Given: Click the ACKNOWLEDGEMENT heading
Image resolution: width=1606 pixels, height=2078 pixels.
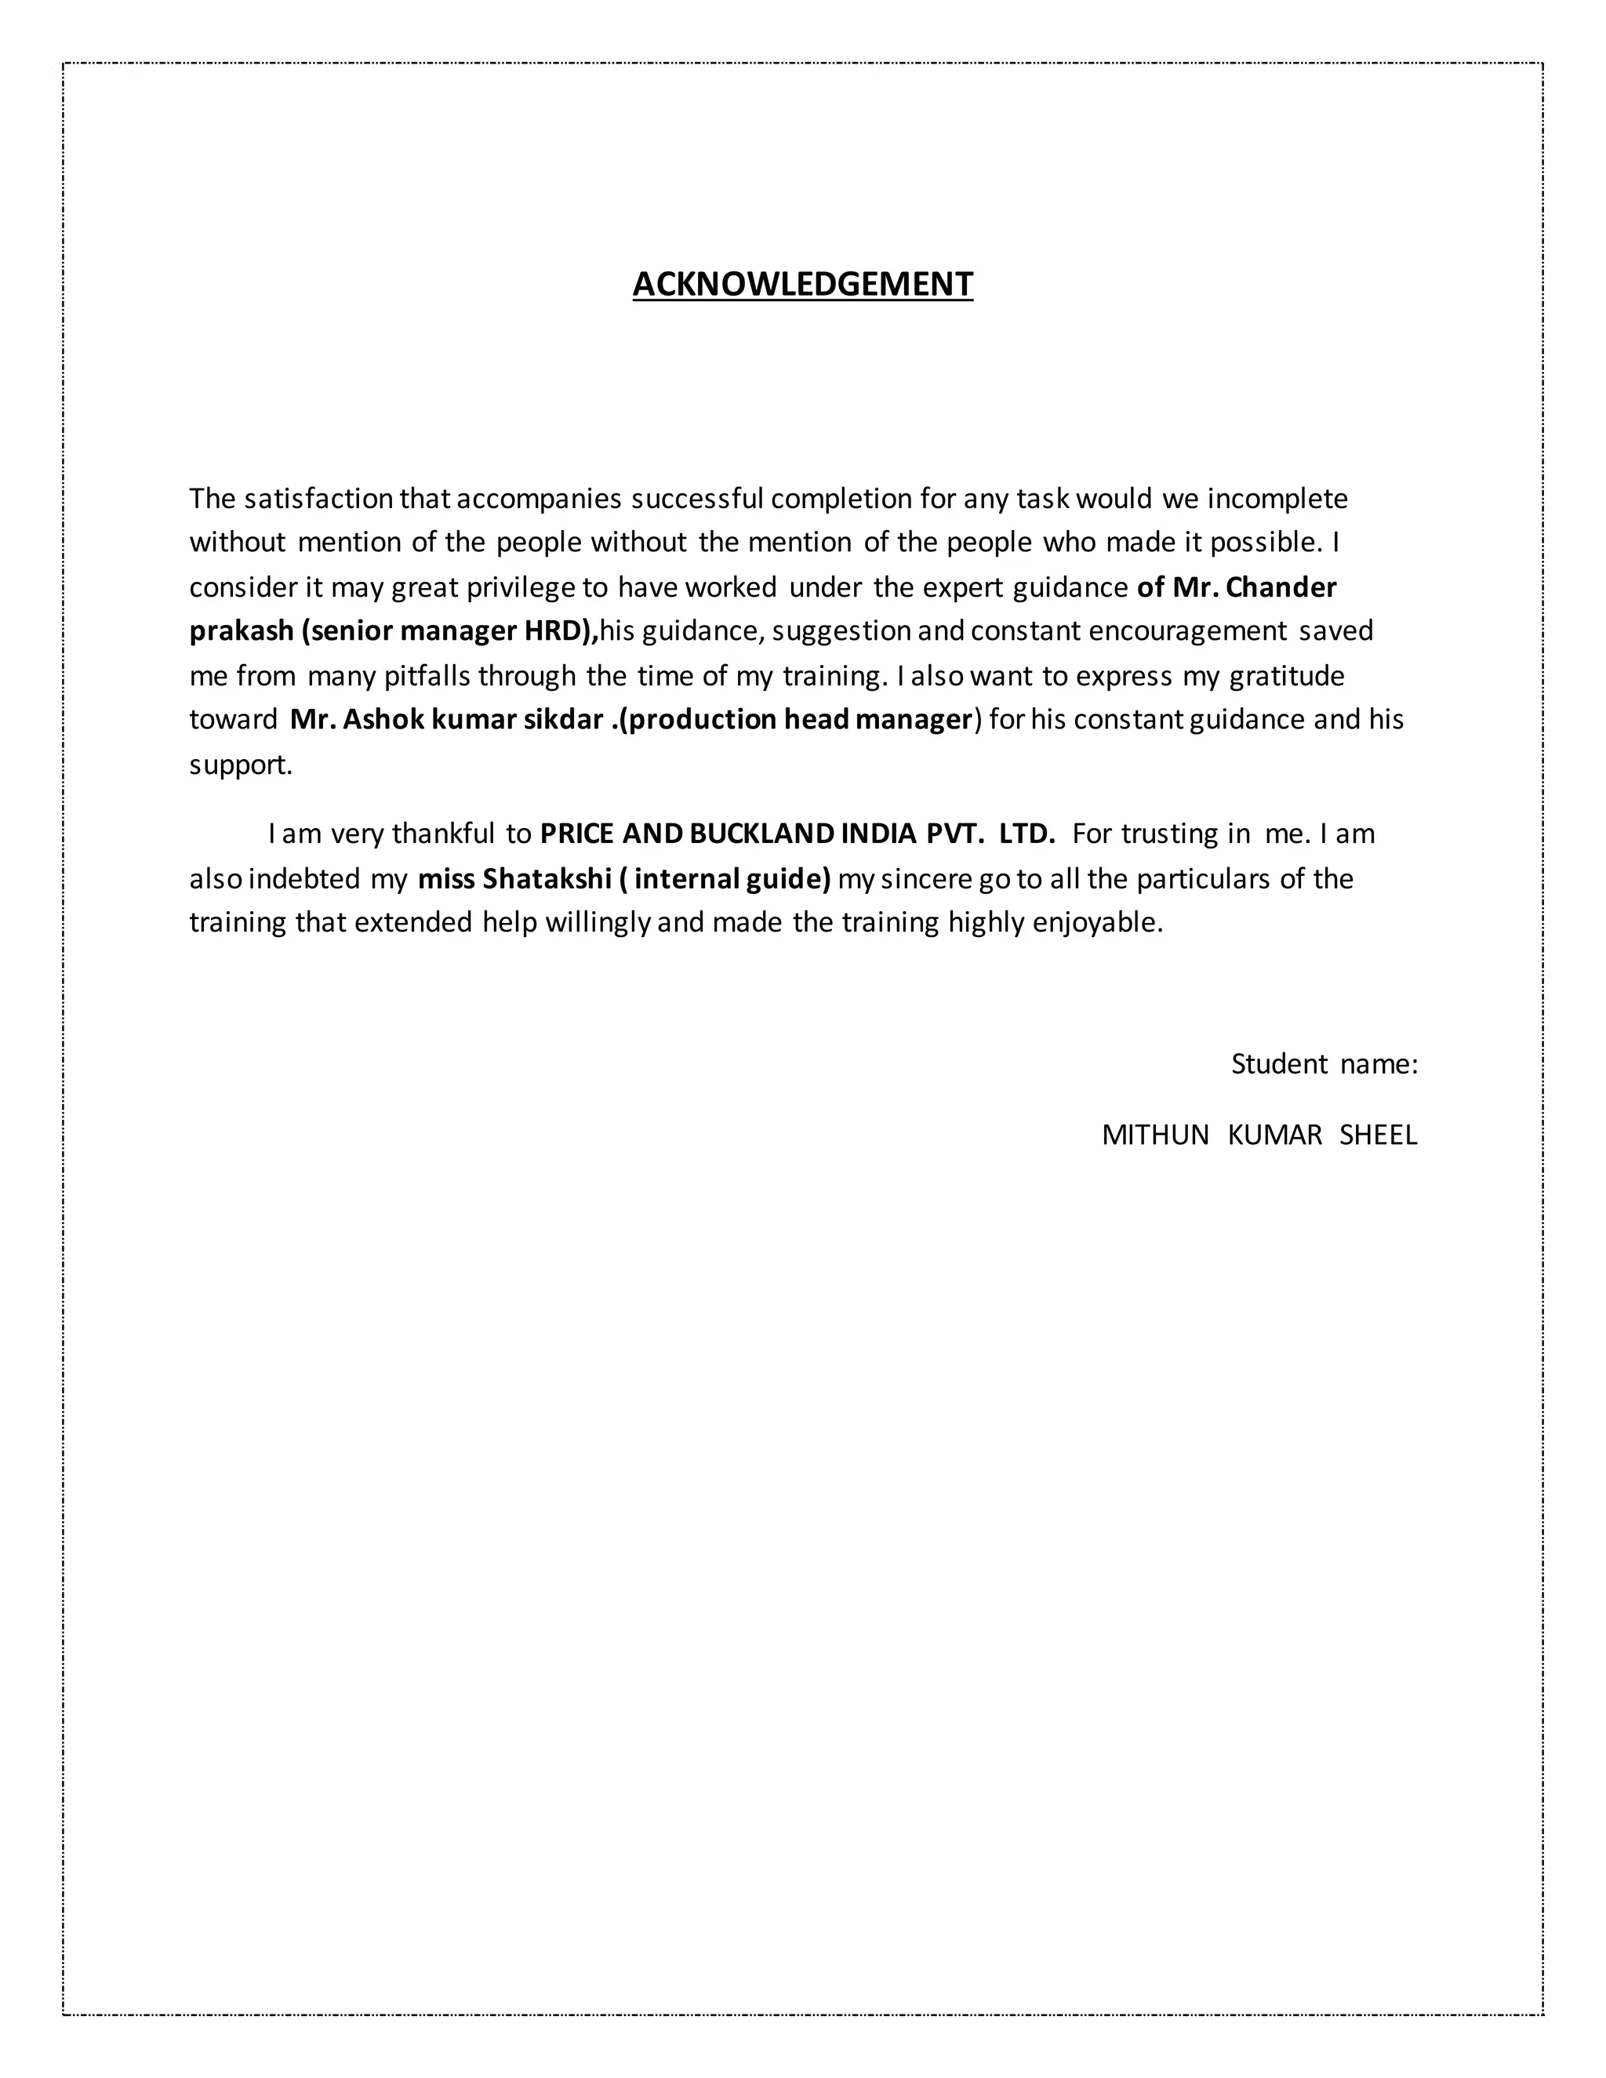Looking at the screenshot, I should point(802,285).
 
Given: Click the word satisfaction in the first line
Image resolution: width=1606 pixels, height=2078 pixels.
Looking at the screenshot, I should point(318,499).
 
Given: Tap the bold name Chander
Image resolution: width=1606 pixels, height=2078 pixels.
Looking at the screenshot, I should point(1281,588).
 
